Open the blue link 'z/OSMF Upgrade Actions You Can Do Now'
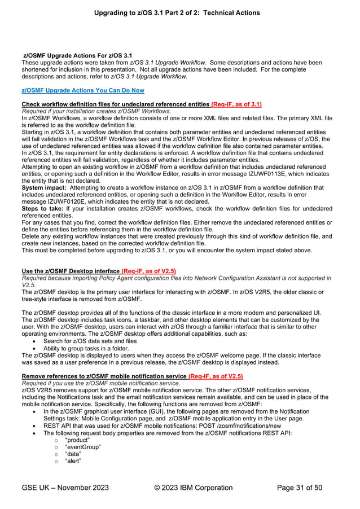82,90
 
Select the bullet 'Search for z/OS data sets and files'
90,341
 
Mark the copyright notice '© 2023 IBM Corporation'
193,488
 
